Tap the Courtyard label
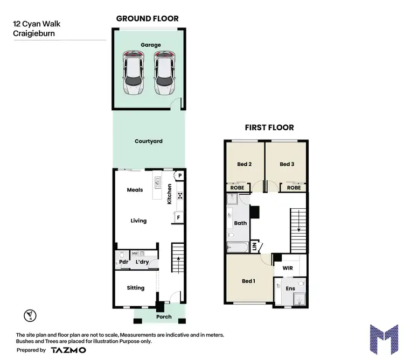pos(149,142)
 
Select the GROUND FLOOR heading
pos(148,19)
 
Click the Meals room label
pos(135,190)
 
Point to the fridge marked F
pos(178,217)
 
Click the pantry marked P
pos(179,176)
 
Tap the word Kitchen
pos(169,194)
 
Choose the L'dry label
pos(142,262)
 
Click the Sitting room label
pos(136,288)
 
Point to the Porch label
pos(164,316)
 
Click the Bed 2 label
pos(245,164)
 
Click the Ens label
pos(290,289)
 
